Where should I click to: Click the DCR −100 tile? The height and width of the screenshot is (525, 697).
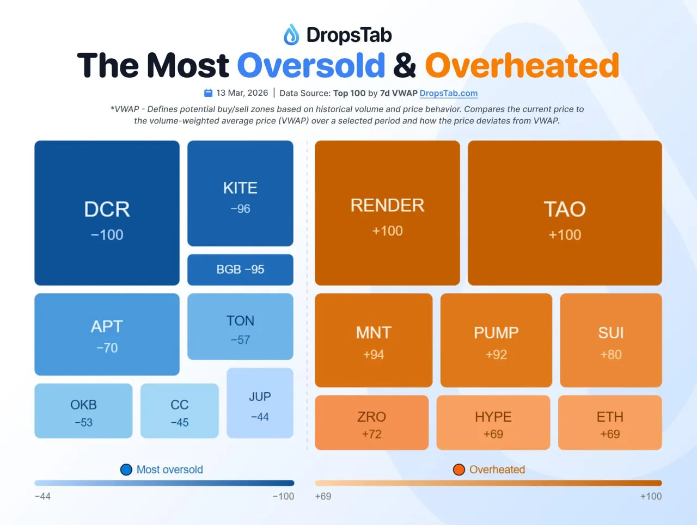pos(107,213)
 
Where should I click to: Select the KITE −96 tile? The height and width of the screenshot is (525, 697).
pos(240,194)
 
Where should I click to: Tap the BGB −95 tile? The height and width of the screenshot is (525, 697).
pos(240,270)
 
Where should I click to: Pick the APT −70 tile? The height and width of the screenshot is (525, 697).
pos(107,335)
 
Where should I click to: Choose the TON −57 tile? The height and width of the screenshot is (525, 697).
pos(240,327)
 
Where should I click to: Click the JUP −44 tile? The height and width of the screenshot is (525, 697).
pos(260,403)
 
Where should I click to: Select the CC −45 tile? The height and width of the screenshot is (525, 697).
pos(179,411)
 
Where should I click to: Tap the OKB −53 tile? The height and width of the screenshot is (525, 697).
pos(83,411)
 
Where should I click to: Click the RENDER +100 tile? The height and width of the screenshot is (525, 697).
pos(387,213)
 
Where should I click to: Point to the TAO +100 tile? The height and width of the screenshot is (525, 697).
pos(565,213)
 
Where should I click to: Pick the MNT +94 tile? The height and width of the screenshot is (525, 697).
pos(374,341)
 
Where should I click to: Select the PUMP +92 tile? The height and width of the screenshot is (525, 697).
pos(496,341)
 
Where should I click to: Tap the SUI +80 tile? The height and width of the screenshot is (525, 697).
pos(611,341)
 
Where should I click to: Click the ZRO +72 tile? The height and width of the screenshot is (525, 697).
pos(371,423)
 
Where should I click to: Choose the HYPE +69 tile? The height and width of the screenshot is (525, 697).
pos(493,423)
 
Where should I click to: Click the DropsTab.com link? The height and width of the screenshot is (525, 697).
pos(449,94)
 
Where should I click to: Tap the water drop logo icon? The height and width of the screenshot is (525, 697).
pos(291,35)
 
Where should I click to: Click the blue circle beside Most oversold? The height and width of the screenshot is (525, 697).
pos(126,470)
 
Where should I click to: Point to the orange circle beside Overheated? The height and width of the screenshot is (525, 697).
pos(459,470)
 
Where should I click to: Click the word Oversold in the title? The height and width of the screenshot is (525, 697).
pos(311,65)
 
